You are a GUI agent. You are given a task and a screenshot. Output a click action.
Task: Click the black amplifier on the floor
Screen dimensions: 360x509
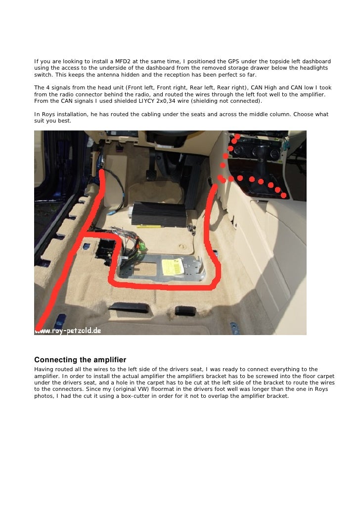click(159, 214)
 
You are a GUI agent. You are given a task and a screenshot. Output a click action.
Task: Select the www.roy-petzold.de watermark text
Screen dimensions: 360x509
click(68, 331)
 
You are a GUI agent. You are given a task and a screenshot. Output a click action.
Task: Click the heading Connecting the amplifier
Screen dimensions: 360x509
click(80, 360)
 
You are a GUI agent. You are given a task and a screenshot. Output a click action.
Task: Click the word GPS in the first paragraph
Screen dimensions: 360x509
click(233, 61)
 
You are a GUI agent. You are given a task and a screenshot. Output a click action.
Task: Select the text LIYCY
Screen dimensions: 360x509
click(146, 101)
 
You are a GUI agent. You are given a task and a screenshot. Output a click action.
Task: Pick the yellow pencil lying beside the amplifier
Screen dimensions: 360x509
click(149, 227)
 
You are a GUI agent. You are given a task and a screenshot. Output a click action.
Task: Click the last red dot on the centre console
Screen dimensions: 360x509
click(284, 195)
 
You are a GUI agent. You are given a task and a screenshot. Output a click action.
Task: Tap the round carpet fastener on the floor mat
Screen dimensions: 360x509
click(182, 247)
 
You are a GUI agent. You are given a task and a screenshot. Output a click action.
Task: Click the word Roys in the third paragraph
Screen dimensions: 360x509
click(49, 114)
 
